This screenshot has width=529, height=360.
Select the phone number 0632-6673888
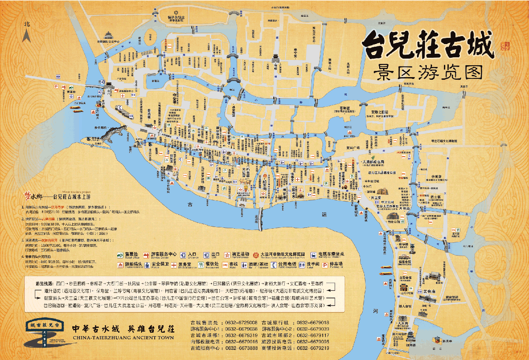pos(241,348)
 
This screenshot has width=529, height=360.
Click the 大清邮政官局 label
pos(376,162)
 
